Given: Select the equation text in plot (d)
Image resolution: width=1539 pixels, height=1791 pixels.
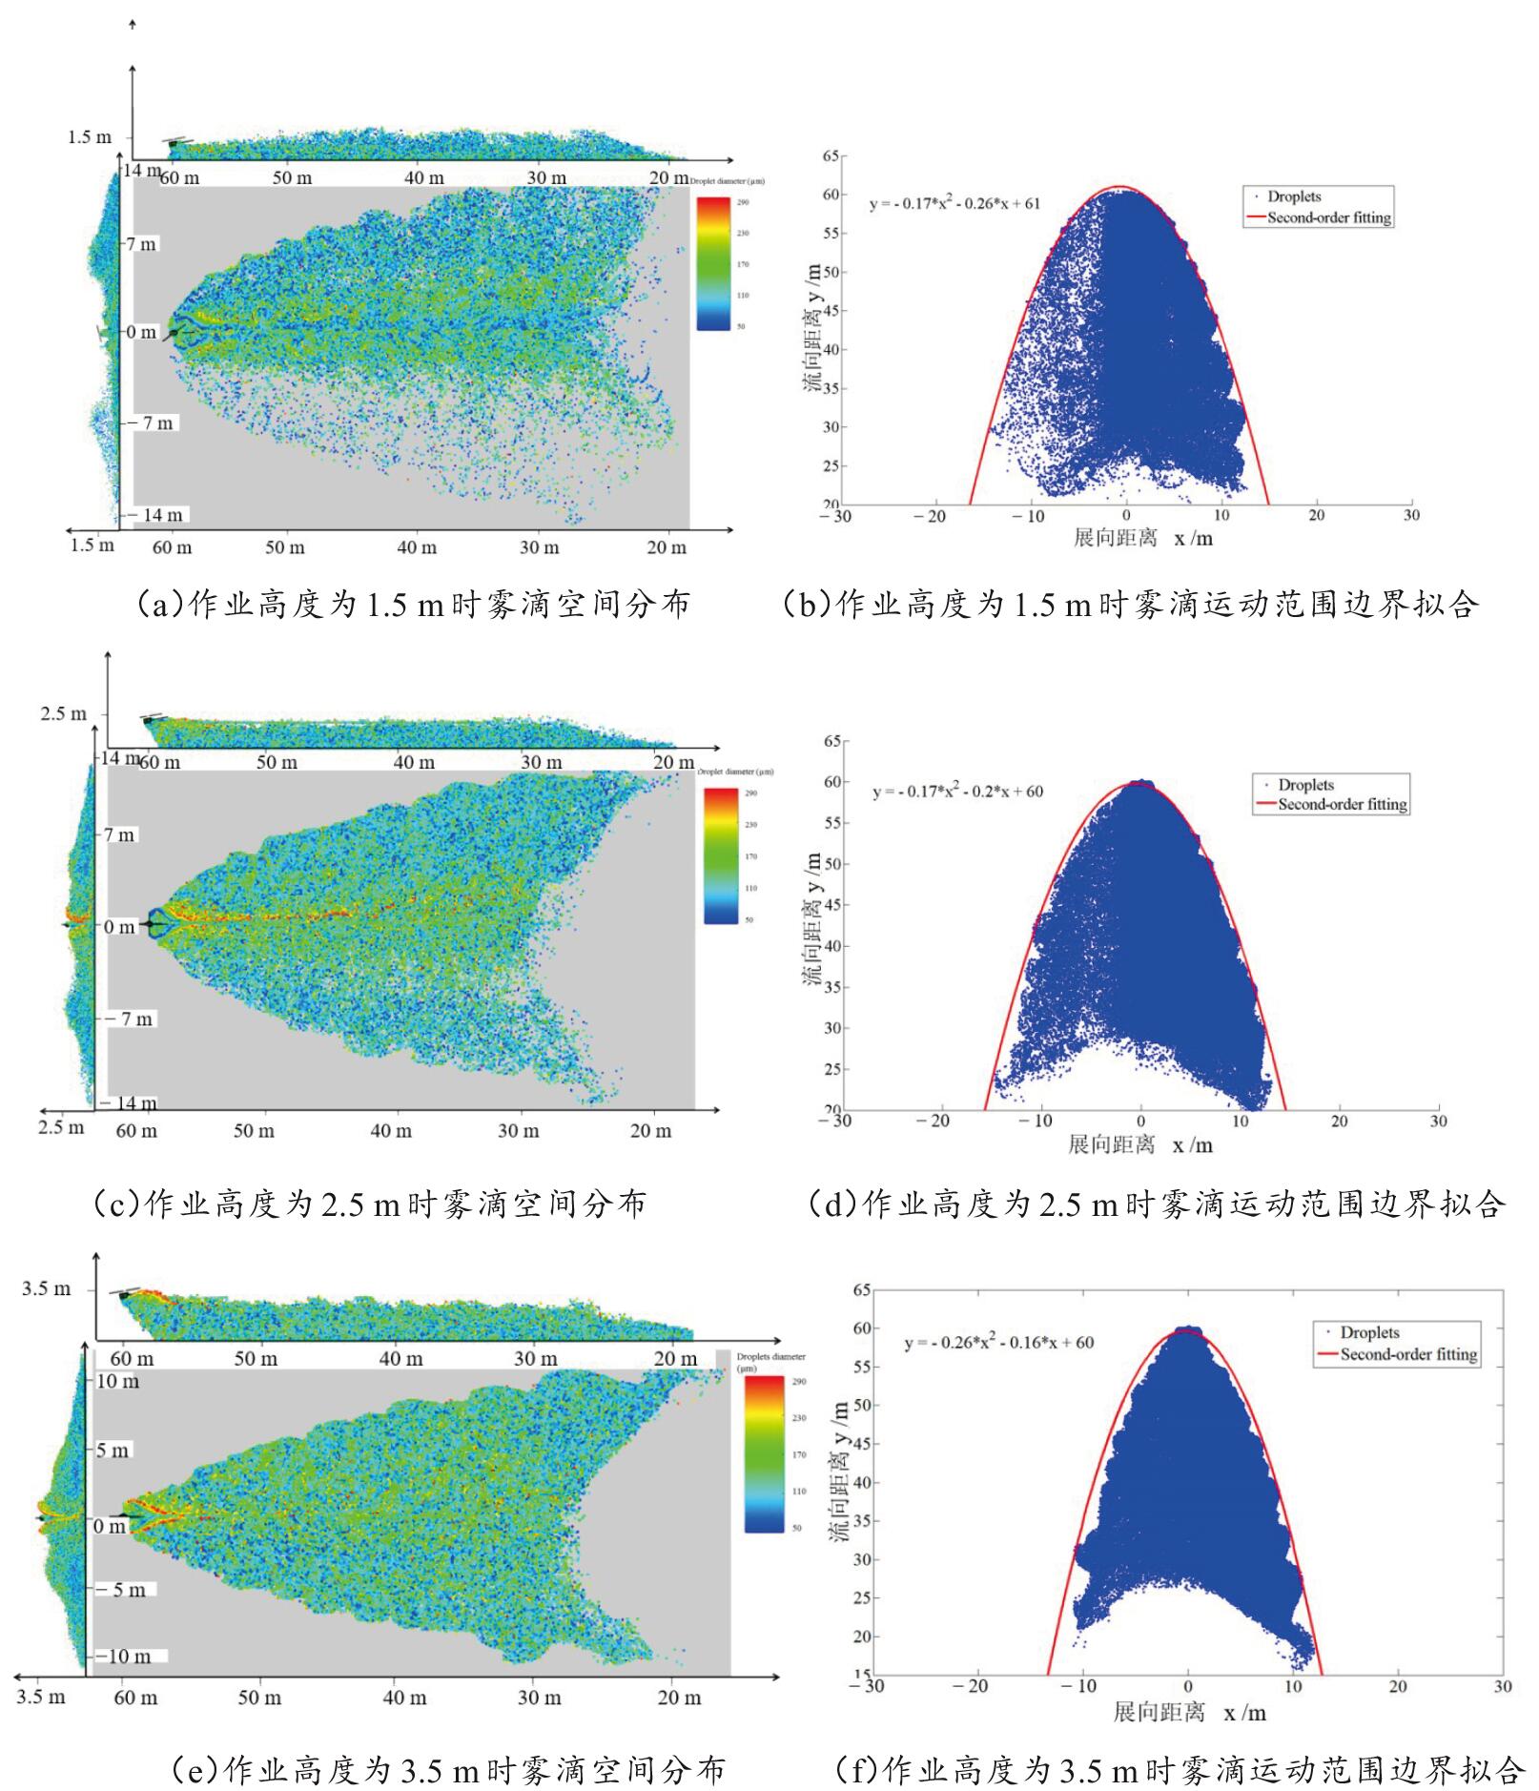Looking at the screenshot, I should click(x=957, y=792).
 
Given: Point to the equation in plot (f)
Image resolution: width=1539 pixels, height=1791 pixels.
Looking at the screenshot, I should click(x=998, y=1343).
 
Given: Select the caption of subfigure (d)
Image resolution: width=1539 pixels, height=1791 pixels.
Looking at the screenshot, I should click(x=1156, y=1204).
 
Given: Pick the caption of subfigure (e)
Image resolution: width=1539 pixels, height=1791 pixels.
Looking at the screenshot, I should click(x=448, y=1770).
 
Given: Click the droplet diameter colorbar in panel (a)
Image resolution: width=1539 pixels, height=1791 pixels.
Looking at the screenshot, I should click(x=713, y=263).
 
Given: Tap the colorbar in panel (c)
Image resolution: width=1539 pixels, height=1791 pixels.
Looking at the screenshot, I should click(x=720, y=855).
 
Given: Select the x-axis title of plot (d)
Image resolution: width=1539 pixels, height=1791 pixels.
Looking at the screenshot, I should click(x=1139, y=1143).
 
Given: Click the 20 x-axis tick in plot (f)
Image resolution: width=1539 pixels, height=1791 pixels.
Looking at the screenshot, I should click(x=1398, y=1686).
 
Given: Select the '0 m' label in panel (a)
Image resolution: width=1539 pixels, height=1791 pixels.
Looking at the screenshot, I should click(x=142, y=332).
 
